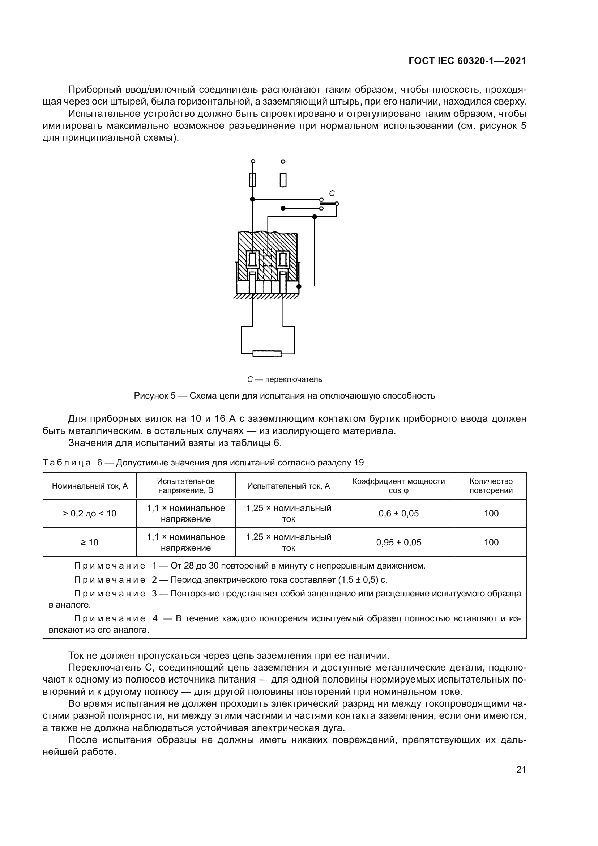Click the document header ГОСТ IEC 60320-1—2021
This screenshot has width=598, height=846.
coord(467,61)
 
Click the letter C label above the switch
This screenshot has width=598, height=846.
coord(332,193)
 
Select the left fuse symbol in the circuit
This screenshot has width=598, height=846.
coord(253,180)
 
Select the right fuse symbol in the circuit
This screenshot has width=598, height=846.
coord(283,180)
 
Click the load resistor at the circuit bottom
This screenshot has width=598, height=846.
coord(267,354)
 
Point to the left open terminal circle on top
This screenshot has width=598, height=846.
coord(253,161)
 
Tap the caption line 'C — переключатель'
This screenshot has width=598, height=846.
coord(284,379)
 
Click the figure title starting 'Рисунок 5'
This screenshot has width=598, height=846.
coord(284,396)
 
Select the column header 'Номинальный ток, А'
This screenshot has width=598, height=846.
coord(90,486)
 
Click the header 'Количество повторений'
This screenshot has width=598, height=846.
coord(491,486)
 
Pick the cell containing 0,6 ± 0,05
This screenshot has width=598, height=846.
coord(398,514)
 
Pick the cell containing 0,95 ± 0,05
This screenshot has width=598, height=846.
coord(398,543)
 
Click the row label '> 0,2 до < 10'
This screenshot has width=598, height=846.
coord(90,514)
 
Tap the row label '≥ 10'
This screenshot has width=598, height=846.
coord(90,543)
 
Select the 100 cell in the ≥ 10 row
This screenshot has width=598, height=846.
coord(491,543)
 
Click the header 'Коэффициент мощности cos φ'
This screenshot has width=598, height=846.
coord(398,486)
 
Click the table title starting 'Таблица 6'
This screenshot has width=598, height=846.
coord(203,463)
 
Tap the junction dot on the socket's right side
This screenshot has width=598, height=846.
coord(299,286)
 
